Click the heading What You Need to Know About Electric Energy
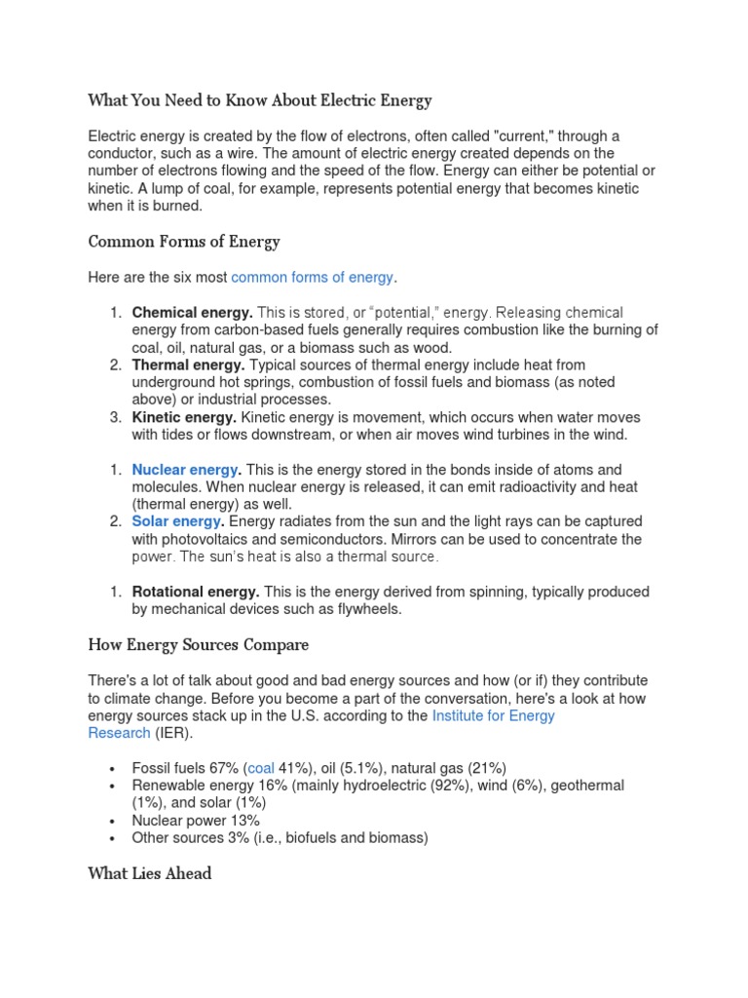tap(259, 100)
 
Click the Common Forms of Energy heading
tap(184, 242)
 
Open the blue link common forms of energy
tap(312, 278)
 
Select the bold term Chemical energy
tap(192, 313)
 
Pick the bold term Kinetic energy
tap(185, 417)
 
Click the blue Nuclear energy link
tap(185, 470)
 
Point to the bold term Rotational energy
tap(195, 593)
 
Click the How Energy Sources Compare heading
tap(198, 644)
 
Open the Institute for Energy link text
tap(493, 715)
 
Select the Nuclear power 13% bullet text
tap(196, 821)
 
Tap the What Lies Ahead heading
tap(149, 873)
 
